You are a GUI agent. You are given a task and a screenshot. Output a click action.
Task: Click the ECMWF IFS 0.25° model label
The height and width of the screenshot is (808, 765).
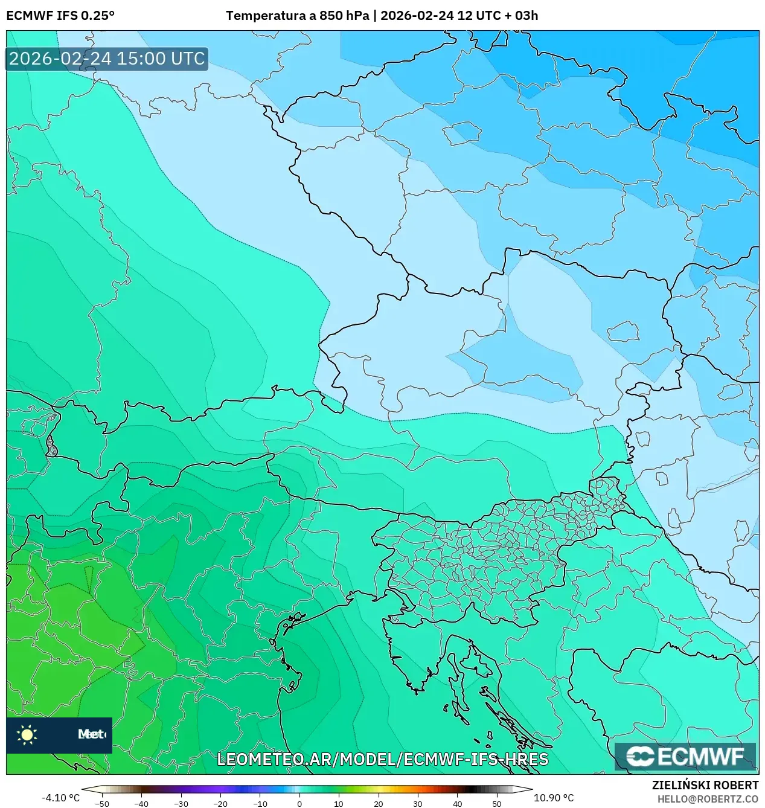(60, 16)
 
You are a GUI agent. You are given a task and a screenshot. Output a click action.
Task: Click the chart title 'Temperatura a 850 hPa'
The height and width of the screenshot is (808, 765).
(297, 16)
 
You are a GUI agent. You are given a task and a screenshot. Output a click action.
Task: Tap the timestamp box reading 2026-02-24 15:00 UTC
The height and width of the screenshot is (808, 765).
(107, 59)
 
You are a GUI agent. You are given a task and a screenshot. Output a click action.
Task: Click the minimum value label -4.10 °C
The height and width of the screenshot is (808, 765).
(60, 798)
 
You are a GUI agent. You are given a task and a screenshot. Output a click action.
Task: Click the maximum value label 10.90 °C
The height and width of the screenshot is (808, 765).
(554, 798)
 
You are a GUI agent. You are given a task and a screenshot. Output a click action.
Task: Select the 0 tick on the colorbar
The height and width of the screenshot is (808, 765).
(299, 803)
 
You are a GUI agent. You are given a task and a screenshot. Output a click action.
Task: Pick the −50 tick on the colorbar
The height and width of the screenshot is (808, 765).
(102, 803)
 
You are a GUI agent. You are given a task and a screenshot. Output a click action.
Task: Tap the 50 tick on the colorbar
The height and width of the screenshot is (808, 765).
(496, 803)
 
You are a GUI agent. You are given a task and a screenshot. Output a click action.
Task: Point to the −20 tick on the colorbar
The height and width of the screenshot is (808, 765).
(220, 803)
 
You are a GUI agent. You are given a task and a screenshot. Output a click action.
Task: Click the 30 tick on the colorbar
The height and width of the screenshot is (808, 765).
(418, 803)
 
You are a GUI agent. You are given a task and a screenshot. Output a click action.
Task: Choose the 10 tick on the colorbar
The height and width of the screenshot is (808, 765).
(339, 803)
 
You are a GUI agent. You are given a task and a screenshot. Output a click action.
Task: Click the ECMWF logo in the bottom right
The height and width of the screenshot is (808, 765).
(685, 757)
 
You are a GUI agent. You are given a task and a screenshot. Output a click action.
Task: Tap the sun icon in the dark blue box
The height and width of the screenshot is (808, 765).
(27, 734)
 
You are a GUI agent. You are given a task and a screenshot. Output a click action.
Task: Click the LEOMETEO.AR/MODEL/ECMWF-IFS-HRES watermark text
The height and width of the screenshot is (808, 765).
(383, 759)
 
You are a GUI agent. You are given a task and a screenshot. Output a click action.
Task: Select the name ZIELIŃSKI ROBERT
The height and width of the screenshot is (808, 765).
(705, 785)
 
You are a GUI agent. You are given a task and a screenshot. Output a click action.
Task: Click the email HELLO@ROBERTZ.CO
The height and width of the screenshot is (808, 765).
(708, 799)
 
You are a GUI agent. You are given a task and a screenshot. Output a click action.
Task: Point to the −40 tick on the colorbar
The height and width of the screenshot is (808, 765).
(141, 803)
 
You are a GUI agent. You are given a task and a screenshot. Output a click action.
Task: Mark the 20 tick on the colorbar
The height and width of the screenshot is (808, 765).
(379, 803)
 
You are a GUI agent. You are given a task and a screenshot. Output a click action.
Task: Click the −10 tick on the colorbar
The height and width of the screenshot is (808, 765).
(260, 803)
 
